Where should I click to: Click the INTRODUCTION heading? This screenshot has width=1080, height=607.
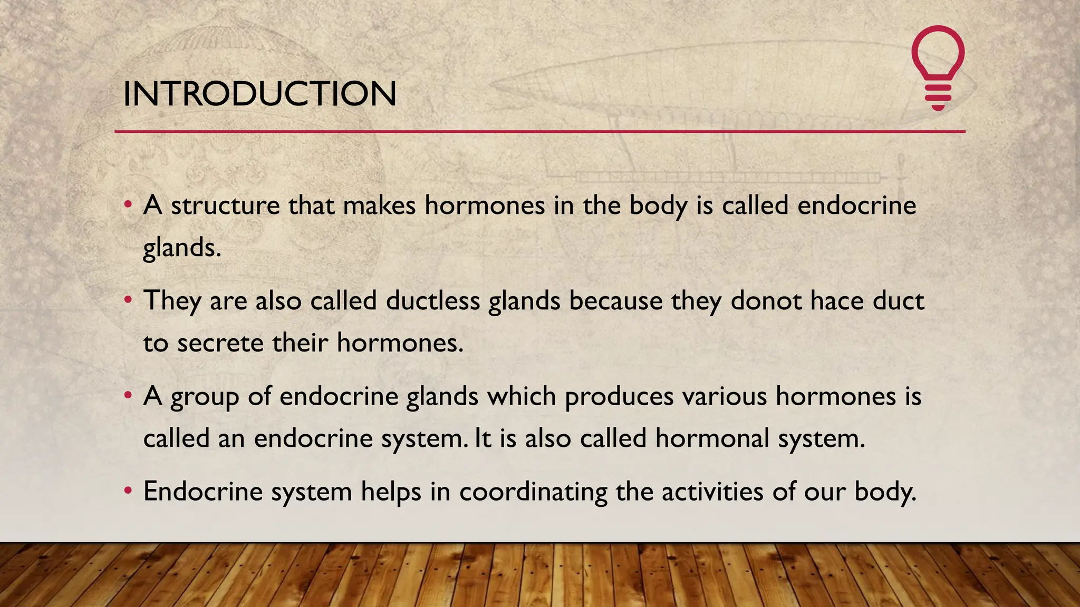click(x=259, y=94)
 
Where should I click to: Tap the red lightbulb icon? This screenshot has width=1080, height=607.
click(x=938, y=67)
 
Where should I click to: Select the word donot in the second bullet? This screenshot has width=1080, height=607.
click(x=766, y=301)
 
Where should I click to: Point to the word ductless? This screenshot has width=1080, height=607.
click(x=432, y=301)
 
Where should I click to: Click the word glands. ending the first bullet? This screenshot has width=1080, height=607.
click(x=181, y=248)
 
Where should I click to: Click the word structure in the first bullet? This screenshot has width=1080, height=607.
click(x=225, y=205)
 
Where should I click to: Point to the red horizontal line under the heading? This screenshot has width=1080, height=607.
click(x=539, y=131)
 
